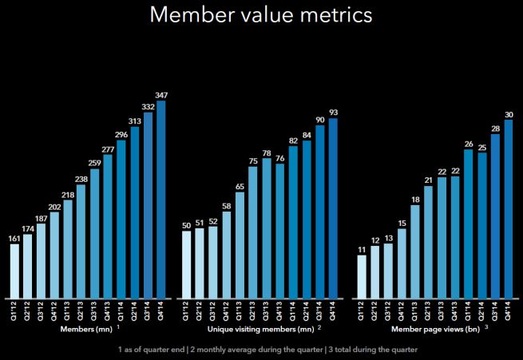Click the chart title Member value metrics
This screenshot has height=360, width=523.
[261, 16]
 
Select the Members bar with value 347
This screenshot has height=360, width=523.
[162, 200]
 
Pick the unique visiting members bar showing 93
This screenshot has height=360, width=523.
[333, 208]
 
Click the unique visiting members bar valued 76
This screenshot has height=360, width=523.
[279, 231]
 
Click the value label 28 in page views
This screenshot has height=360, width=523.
[495, 128]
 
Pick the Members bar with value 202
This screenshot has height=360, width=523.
[54, 255]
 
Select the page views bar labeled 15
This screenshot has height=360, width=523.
[402, 263]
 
